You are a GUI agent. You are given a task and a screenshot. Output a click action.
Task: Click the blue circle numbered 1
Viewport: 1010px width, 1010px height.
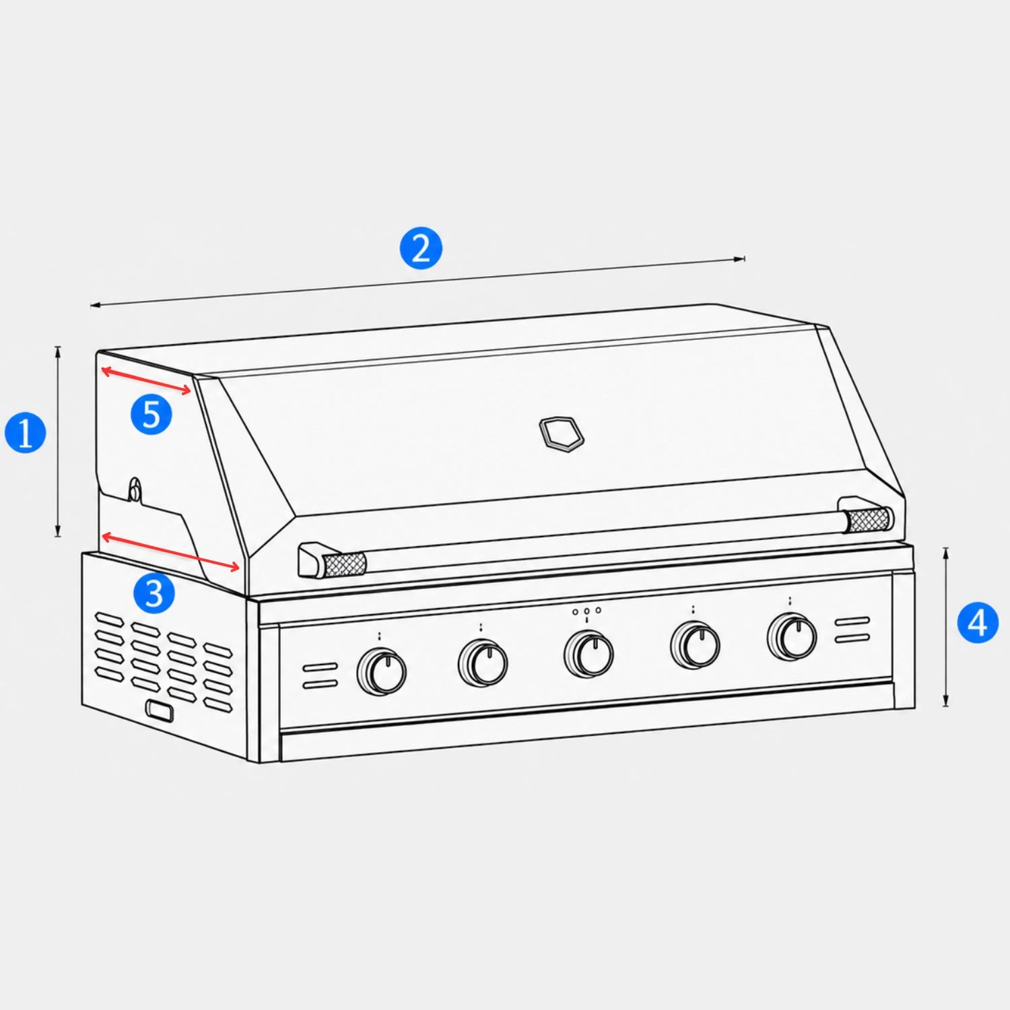coord(26,432)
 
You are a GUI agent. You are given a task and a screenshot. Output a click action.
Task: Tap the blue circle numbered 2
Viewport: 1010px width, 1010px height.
coord(421,248)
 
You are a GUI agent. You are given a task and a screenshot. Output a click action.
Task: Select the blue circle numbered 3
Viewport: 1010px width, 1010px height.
coord(154,593)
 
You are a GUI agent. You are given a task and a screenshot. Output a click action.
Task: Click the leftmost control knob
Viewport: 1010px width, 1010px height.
coord(382,671)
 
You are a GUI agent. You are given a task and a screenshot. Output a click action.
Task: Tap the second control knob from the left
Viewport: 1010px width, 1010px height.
coord(483,664)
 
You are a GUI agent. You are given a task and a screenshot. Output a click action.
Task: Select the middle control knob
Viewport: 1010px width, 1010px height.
coord(588,654)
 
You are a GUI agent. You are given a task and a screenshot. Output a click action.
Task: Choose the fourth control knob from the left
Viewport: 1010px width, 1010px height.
coord(695,645)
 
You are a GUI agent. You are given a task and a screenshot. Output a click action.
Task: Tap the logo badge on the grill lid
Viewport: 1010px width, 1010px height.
coord(562,434)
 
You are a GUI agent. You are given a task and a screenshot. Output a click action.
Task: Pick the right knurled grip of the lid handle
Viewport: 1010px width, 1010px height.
coord(869,520)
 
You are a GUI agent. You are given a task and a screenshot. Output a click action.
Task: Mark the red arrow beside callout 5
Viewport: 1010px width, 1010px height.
coord(146,380)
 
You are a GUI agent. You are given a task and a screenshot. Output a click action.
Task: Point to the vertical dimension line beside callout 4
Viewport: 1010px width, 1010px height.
coord(946,627)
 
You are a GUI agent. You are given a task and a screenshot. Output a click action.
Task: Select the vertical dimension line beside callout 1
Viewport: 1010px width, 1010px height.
coord(58,441)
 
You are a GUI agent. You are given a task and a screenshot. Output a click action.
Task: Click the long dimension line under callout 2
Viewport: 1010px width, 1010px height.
coord(418,281)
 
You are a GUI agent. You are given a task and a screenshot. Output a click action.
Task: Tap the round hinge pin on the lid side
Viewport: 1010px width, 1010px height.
coord(135,490)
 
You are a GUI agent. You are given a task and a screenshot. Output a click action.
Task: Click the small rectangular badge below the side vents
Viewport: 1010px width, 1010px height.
coord(159,711)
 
